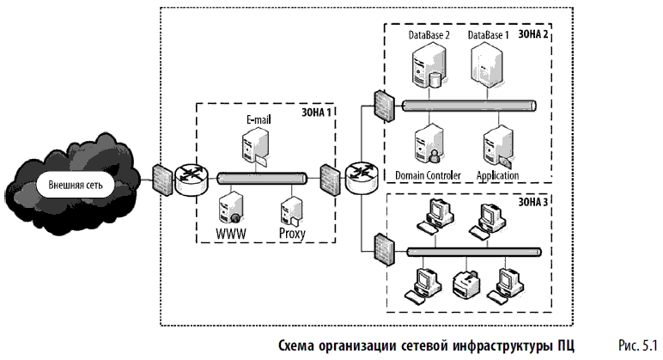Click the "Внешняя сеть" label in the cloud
click(76, 185)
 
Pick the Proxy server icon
click(292, 211)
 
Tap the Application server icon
click(498, 147)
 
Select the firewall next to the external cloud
click(162, 180)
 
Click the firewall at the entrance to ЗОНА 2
click(384, 106)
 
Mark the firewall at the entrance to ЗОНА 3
click(384, 250)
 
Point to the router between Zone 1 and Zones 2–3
click(362, 179)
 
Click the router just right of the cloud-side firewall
click(192, 180)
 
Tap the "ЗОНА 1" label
click(316, 113)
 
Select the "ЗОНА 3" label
click(532, 202)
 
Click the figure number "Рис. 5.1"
click(638, 345)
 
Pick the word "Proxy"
click(292, 234)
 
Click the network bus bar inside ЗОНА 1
click(262, 179)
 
